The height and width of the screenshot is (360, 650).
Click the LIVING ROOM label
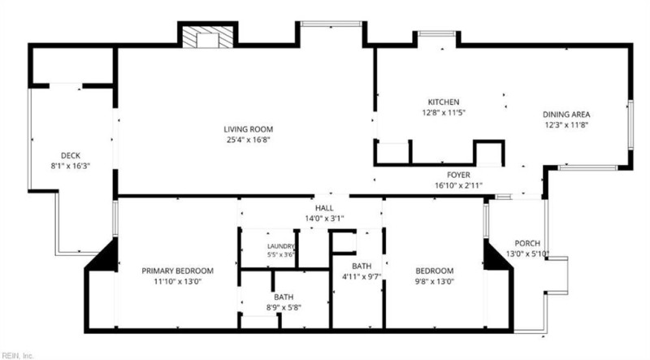pos(249,129)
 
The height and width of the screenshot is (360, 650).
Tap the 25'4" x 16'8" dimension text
pos(249,140)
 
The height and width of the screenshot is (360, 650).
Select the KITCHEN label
pos(444,102)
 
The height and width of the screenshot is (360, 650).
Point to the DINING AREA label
pos(566,115)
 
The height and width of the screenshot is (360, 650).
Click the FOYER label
pos(458,175)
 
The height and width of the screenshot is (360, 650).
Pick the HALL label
pos(324,208)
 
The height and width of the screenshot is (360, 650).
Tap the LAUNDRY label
pos(280,246)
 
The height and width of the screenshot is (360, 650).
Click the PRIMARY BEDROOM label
pos(177,271)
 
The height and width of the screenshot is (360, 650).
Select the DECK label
pos(71,156)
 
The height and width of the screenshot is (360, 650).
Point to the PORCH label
pos(527,244)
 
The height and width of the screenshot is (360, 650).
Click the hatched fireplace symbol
pos(208,37)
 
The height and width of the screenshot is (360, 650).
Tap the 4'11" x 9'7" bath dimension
pos(362,276)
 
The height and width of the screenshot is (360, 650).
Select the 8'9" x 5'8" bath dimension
pos(284,308)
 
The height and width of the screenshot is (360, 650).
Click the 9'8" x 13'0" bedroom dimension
pos(435,282)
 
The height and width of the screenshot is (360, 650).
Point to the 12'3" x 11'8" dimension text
pos(566,125)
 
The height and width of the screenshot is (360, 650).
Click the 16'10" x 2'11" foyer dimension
pos(458,185)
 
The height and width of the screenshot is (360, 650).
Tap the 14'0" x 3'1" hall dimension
pos(324,219)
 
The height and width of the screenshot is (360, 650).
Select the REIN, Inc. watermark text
pos(17,355)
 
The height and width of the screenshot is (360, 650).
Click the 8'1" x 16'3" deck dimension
pos(71,167)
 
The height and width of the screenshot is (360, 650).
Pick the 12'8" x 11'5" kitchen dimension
pos(444,112)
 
